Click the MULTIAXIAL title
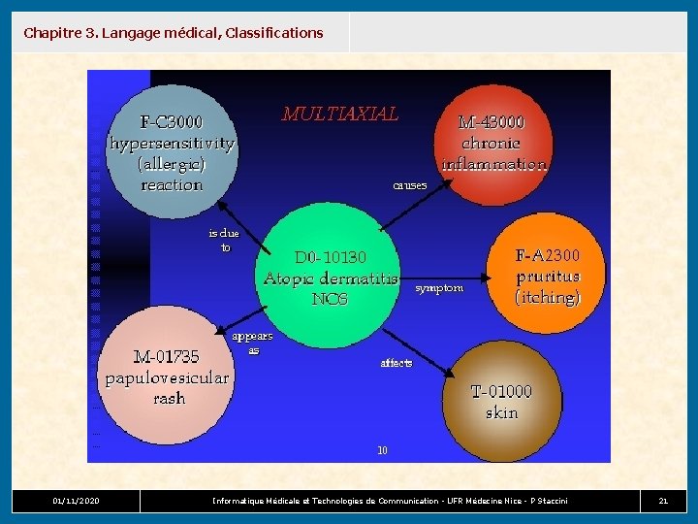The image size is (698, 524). (x=339, y=114)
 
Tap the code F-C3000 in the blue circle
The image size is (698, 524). (x=172, y=122)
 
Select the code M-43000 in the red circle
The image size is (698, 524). (x=492, y=122)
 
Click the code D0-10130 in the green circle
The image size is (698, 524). (x=331, y=257)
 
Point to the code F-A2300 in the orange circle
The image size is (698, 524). (x=547, y=256)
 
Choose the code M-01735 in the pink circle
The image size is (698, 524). (x=166, y=356)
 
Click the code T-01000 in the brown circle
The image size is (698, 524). (x=501, y=391)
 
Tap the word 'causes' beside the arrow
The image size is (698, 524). (x=409, y=184)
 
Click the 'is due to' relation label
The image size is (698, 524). (x=224, y=240)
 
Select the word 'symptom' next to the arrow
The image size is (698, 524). (x=438, y=288)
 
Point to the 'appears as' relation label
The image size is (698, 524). (x=252, y=343)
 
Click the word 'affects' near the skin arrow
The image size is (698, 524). (x=397, y=363)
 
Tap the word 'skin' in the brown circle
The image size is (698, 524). (x=501, y=412)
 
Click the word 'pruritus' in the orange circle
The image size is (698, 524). (x=548, y=277)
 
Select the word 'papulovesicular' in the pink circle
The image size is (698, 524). (x=167, y=377)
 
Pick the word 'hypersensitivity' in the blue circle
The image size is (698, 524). (x=172, y=144)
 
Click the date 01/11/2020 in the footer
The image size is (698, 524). (x=76, y=501)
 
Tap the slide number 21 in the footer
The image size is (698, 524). (x=663, y=501)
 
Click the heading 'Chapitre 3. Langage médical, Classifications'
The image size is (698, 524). (x=174, y=33)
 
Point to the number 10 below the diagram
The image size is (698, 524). (x=382, y=450)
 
